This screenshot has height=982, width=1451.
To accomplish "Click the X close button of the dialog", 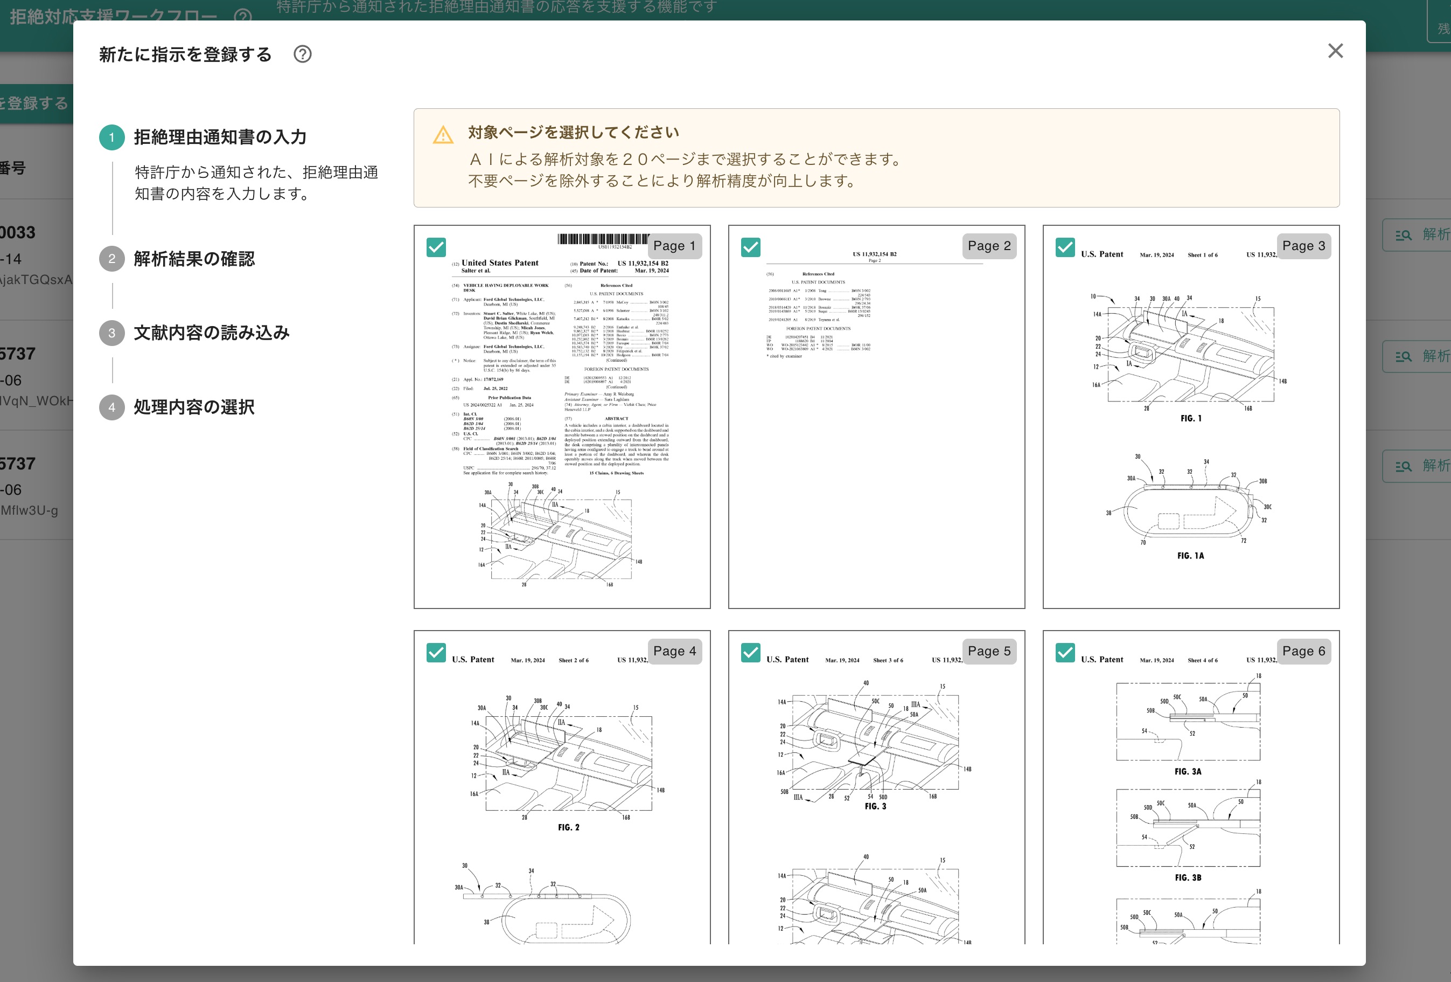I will pyautogui.click(x=1335, y=51).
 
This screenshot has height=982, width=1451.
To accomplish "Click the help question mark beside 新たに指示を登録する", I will pyautogui.click(x=303, y=54).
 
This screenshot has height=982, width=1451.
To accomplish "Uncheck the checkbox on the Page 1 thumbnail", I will pyautogui.click(x=436, y=247).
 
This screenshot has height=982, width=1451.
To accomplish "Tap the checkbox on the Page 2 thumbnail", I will pyautogui.click(x=750, y=247).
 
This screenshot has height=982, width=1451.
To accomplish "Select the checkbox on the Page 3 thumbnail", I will pyautogui.click(x=1065, y=247).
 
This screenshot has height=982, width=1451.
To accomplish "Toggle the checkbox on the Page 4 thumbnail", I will pyautogui.click(x=436, y=652).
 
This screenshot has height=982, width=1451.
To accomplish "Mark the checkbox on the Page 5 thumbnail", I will pyautogui.click(x=750, y=652).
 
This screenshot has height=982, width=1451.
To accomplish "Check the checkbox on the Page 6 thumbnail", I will pyautogui.click(x=1065, y=652).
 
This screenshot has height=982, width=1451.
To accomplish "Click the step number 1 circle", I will pyautogui.click(x=111, y=137).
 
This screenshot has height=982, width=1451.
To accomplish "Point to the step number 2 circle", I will pyautogui.click(x=111, y=259).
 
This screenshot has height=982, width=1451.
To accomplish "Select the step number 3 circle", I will pyautogui.click(x=111, y=333).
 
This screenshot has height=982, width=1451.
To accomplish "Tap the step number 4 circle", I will pyautogui.click(x=111, y=407).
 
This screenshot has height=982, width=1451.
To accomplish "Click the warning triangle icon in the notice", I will pyautogui.click(x=443, y=135).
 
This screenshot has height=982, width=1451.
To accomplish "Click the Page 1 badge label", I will pyautogui.click(x=674, y=246).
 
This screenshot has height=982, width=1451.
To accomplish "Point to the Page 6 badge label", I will pyautogui.click(x=1303, y=651).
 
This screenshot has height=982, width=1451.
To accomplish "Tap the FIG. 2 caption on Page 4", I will pyautogui.click(x=568, y=827).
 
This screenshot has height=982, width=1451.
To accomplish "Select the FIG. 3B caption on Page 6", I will pyautogui.click(x=1188, y=877).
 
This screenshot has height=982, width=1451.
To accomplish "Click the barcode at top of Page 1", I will pyautogui.click(x=603, y=239).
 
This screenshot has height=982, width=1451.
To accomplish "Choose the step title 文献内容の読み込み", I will pyautogui.click(x=212, y=333).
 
